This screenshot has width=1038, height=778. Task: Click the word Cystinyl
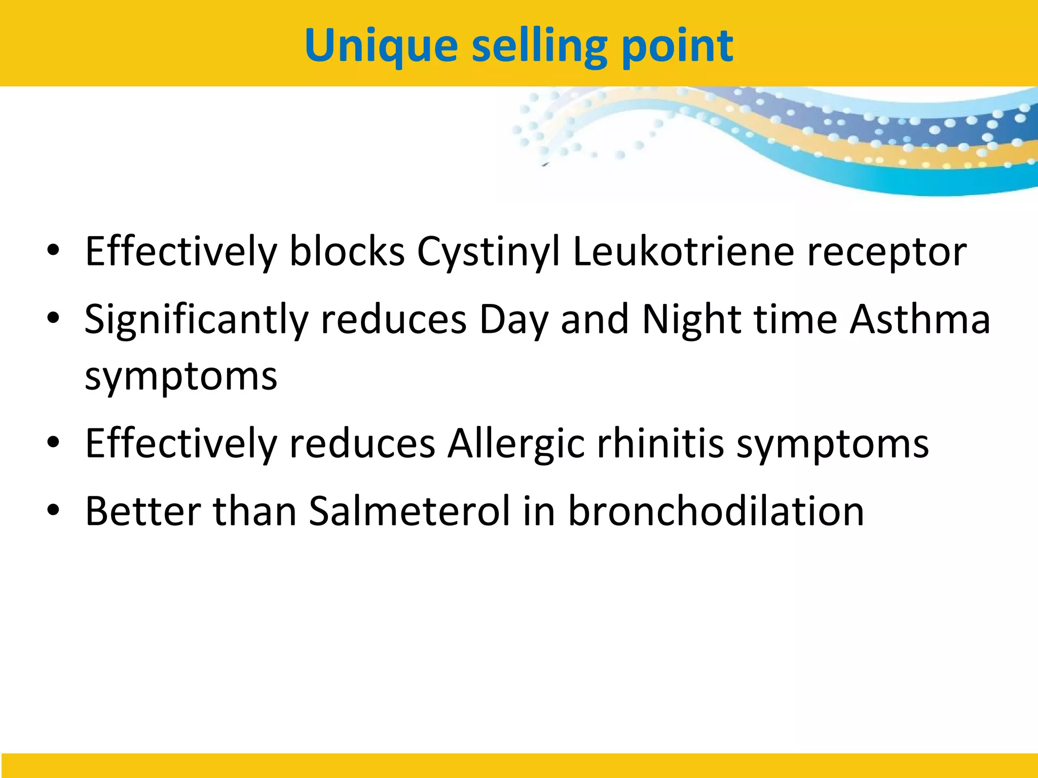[489, 252]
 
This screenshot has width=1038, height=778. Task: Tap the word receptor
[886, 252]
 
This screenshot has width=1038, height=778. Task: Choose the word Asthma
[919, 320]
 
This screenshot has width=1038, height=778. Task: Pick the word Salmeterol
[410, 511]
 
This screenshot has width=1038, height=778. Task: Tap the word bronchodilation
[716, 511]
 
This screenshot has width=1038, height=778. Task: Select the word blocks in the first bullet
[347, 252]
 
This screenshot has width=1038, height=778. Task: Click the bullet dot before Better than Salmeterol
[53, 511]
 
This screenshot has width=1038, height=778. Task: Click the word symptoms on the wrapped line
[181, 377]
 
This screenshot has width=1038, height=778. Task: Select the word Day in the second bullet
[514, 320]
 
